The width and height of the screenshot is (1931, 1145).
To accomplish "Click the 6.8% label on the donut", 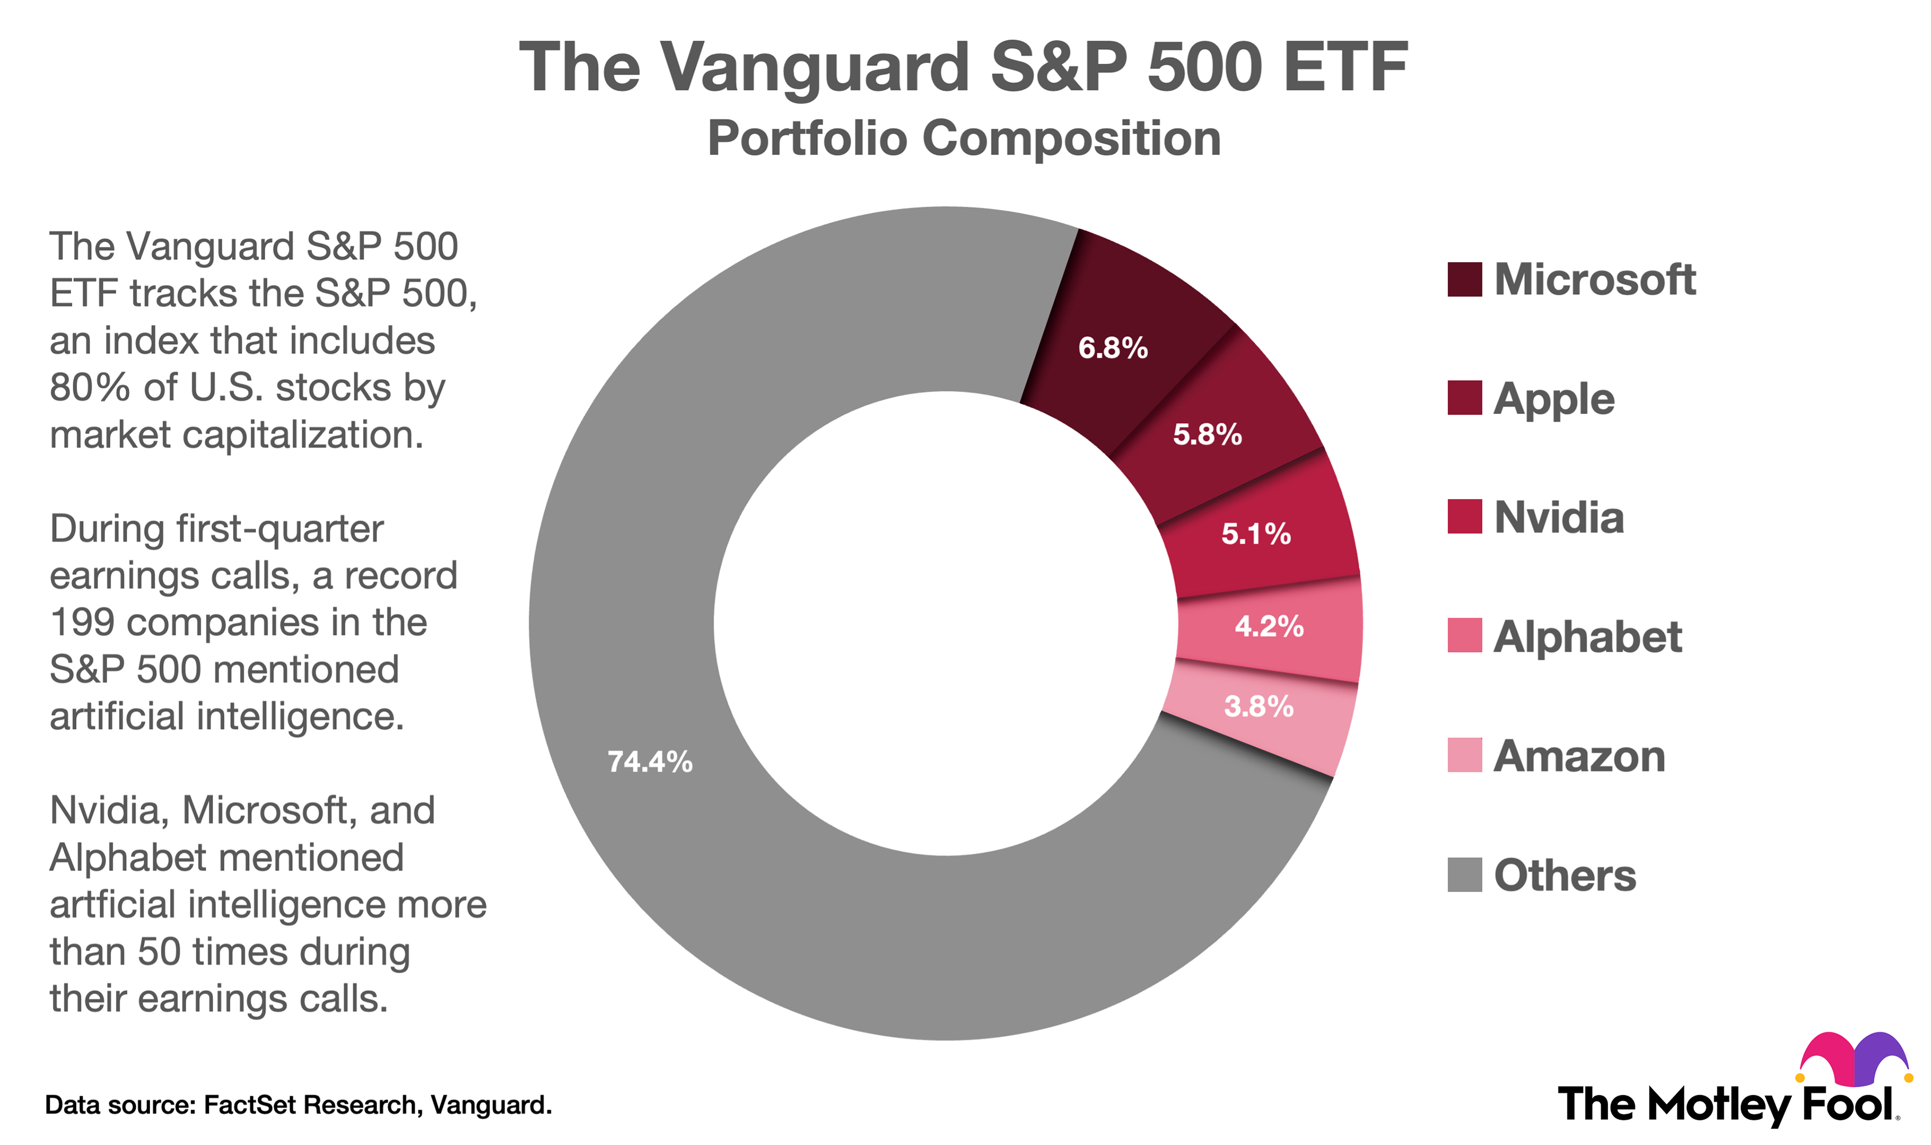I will coord(1113,349).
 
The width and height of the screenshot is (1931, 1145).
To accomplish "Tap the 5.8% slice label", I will coord(1207,435).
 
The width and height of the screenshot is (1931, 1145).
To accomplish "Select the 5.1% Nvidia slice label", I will coord(1256,534).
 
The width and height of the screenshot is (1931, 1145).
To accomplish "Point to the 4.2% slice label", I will coord(1269,626).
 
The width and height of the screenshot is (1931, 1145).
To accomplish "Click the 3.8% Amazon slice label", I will coord(1259,707).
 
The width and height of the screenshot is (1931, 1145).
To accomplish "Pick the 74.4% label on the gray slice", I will coord(650,763).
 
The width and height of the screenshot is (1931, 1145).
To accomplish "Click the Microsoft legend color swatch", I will coord(1464,279).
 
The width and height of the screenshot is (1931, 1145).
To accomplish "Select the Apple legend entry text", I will coord(1554,399).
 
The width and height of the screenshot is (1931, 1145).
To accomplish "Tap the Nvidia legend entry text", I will coord(1558,518).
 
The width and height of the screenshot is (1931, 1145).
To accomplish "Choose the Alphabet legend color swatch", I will coord(1464,636).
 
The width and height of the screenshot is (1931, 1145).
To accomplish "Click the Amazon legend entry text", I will coord(1579,756).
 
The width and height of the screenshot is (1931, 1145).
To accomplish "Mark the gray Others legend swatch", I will coord(1464,875).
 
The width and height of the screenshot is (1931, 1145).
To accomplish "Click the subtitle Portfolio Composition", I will coord(964,139).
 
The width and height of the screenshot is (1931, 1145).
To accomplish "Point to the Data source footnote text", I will coord(298,1105).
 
